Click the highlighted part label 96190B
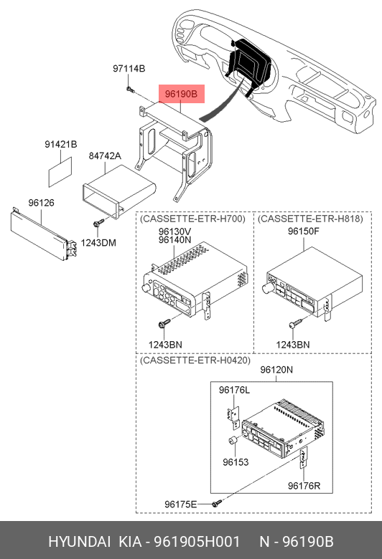click(181, 94)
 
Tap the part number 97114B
click(129, 69)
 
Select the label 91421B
click(61, 144)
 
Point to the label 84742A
click(105, 156)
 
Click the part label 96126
click(42, 203)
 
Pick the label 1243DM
click(98, 243)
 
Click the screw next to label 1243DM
click(98, 223)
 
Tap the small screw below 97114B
click(130, 89)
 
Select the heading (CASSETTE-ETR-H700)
click(192, 219)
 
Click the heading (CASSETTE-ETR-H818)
click(310, 219)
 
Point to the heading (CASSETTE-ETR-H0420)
click(195, 360)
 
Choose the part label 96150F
click(304, 231)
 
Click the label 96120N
click(276, 370)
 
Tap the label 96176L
click(234, 391)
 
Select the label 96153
click(236, 462)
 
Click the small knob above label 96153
click(233, 441)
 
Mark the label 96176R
click(304, 486)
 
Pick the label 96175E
click(180, 504)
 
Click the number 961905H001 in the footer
click(197, 542)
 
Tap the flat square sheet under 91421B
click(60, 172)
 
